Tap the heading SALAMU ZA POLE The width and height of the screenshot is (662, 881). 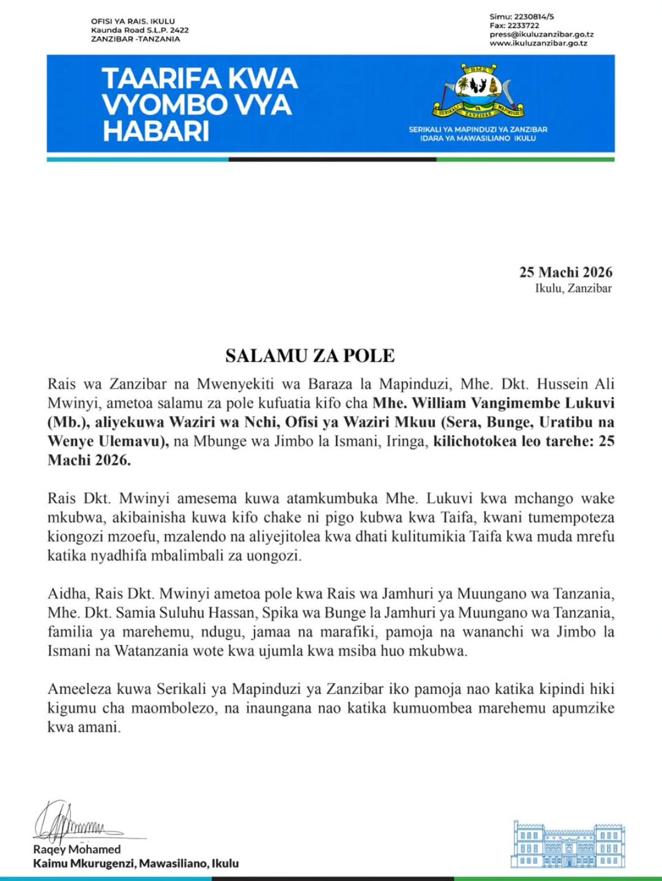click(x=310, y=355)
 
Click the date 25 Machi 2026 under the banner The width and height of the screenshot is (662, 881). click(x=565, y=272)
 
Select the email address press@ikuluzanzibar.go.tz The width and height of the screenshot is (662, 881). click(x=541, y=34)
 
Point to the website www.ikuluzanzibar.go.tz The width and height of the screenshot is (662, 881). click(x=538, y=43)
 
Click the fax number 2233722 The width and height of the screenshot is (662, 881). click(x=523, y=26)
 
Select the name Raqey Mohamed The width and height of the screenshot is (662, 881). click(x=76, y=849)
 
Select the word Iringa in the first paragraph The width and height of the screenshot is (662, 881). click(x=406, y=441)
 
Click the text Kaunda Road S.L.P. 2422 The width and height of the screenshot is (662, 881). click(x=139, y=30)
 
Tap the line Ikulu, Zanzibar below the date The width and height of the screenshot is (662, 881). click(x=573, y=288)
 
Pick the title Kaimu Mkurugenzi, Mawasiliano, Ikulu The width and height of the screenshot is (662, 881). click(x=136, y=863)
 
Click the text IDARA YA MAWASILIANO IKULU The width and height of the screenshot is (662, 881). click(x=478, y=138)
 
